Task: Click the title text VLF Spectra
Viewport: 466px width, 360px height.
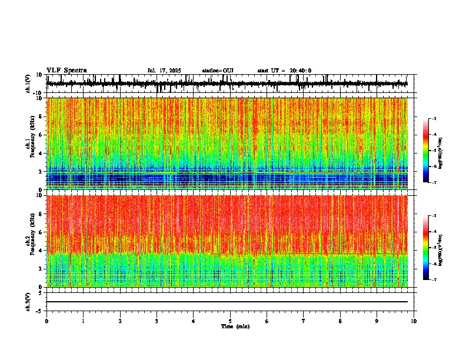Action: click(66, 71)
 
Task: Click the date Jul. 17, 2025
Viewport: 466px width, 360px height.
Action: click(165, 71)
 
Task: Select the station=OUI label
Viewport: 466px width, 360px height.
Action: click(218, 71)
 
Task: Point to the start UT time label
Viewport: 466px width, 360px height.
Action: click(284, 71)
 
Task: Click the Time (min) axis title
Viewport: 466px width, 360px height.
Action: click(235, 326)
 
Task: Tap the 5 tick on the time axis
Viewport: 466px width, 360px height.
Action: click(230, 321)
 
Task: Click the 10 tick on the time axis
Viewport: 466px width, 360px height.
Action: click(414, 321)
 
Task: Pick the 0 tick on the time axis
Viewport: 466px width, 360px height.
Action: click(46, 321)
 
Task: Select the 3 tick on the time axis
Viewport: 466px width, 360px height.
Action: click(157, 321)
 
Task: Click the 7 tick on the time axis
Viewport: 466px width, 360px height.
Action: click(303, 321)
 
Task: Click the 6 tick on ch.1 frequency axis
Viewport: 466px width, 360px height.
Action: click(41, 135)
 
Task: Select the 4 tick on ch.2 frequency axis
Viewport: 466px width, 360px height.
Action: click(41, 251)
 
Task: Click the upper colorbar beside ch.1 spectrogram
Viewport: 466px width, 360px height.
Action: click(431, 151)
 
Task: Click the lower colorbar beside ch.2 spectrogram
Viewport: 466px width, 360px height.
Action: click(431, 248)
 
